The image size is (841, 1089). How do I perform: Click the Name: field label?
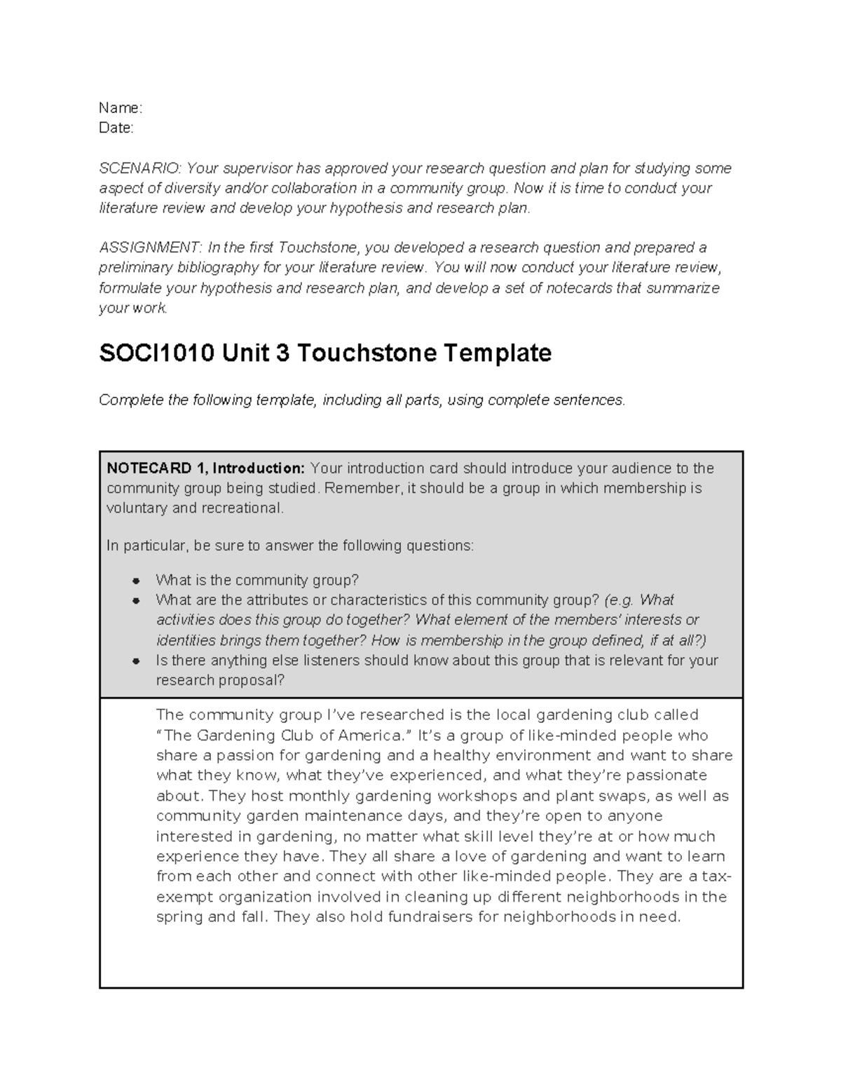(x=120, y=108)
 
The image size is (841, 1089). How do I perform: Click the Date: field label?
(x=116, y=128)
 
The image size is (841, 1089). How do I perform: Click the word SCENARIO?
(x=139, y=168)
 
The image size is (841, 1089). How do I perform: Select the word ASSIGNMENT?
(x=150, y=248)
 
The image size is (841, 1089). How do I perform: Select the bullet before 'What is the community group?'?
(x=137, y=581)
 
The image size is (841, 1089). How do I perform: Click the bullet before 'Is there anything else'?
(x=137, y=661)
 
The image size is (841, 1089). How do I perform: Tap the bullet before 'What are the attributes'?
(x=137, y=600)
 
